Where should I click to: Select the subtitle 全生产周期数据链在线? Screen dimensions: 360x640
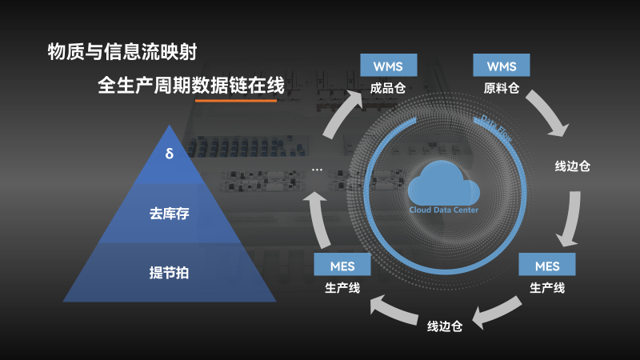(x=190, y=85)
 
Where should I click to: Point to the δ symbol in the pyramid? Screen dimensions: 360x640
(x=169, y=152)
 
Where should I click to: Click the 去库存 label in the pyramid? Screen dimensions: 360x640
(x=169, y=214)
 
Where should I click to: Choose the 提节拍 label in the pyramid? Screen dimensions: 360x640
(x=169, y=272)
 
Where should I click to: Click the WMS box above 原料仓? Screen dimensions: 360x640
(x=502, y=65)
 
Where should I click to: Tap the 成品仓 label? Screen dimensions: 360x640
(x=388, y=88)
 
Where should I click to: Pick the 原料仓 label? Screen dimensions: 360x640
(x=502, y=88)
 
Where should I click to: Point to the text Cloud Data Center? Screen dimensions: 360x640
(x=443, y=210)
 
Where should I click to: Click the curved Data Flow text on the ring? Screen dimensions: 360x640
(x=497, y=126)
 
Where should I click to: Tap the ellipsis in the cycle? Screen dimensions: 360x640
(x=317, y=170)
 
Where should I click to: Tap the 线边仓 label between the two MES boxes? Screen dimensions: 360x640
(x=445, y=326)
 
